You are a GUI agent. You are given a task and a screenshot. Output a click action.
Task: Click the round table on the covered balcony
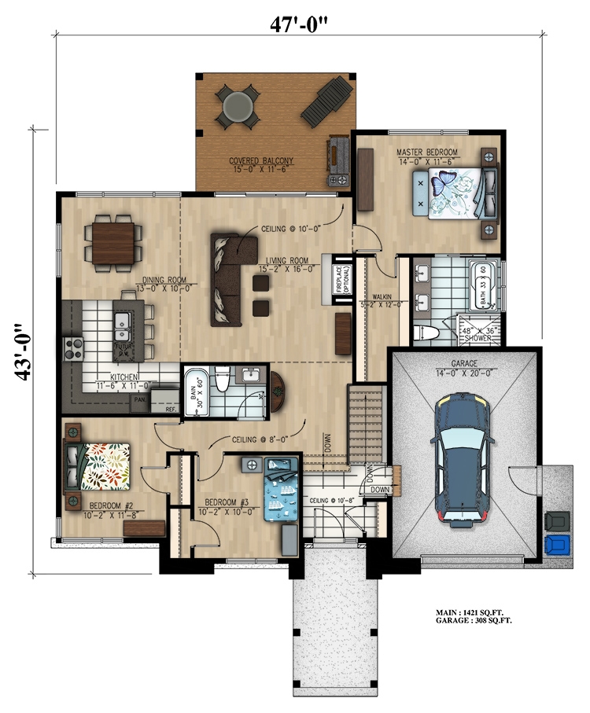(238, 107)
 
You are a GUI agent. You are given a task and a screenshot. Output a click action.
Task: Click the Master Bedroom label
(427, 152)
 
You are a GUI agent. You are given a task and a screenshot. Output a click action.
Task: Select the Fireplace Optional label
(341, 281)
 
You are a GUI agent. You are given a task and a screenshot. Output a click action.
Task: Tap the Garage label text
(464, 365)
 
